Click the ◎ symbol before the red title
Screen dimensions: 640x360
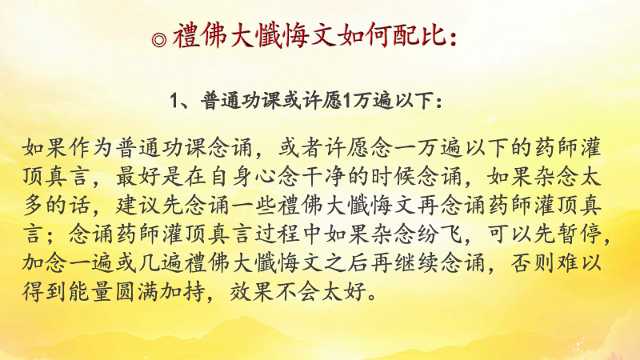pos(159,39)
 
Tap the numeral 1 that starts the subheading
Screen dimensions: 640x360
pos(174,102)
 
